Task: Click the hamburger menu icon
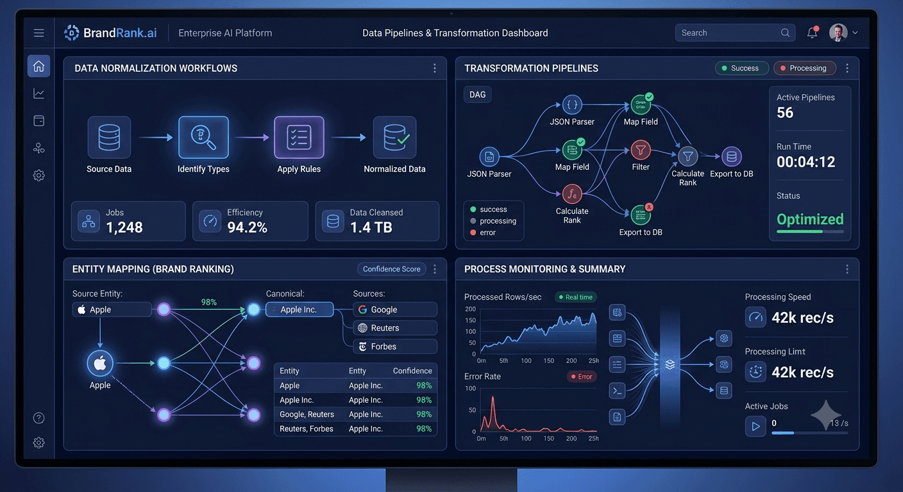[x=38, y=33]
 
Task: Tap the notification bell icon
[x=813, y=32]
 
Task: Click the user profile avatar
[x=838, y=33]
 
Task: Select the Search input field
[x=735, y=33]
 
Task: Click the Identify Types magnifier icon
[x=203, y=137]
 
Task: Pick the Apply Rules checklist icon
[x=299, y=137]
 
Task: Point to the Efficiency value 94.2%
[x=247, y=227]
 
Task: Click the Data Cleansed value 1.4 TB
[x=371, y=227]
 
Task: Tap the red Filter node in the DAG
[x=641, y=150]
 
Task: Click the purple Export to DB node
[x=731, y=156]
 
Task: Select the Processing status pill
[x=805, y=68]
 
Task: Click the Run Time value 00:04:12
[x=806, y=162]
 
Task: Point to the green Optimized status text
[x=810, y=219]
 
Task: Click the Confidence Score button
[x=391, y=269]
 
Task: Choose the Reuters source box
[x=395, y=328]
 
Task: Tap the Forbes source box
[x=395, y=346]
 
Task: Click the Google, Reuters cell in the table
[x=307, y=414]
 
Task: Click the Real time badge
[x=576, y=297]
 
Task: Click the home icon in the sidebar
[x=38, y=65]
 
